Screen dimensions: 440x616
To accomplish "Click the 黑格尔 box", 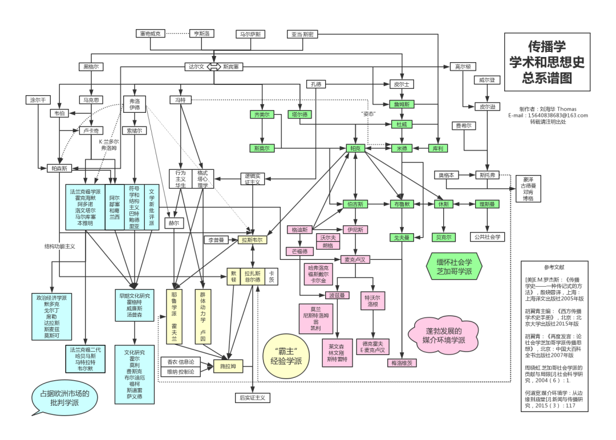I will tap(91, 67).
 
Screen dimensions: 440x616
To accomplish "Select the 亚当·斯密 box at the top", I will tap(301, 34).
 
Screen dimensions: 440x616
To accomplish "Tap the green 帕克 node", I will tap(355, 148).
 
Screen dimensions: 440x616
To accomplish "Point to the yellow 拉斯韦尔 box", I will tap(254, 240).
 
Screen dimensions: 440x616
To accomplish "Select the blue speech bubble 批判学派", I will tap(64, 398).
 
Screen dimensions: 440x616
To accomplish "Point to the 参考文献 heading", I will tap(553, 267).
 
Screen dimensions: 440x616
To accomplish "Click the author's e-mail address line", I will tap(548, 115).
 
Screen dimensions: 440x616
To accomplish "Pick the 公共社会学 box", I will tap(487, 237).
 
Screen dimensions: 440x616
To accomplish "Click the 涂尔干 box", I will tap(38, 100).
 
